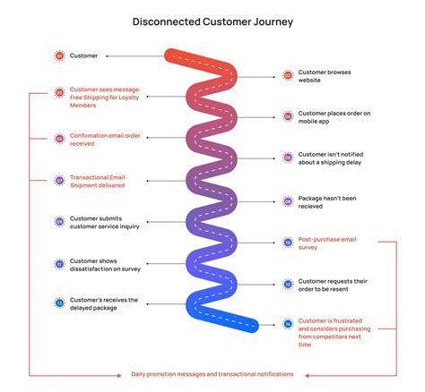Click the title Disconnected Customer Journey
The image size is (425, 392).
click(x=212, y=20)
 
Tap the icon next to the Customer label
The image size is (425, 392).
click(x=59, y=55)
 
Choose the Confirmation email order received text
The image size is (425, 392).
click(x=100, y=139)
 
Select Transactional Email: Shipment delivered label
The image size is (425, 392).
click(x=99, y=180)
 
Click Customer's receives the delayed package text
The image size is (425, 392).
click(x=103, y=304)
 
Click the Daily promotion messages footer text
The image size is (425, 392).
click(x=212, y=374)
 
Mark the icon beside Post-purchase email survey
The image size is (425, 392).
click(x=288, y=242)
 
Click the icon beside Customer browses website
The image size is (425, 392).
click(x=288, y=76)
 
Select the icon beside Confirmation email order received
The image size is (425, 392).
click(x=59, y=139)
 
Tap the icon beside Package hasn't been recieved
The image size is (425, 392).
click(x=288, y=200)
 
